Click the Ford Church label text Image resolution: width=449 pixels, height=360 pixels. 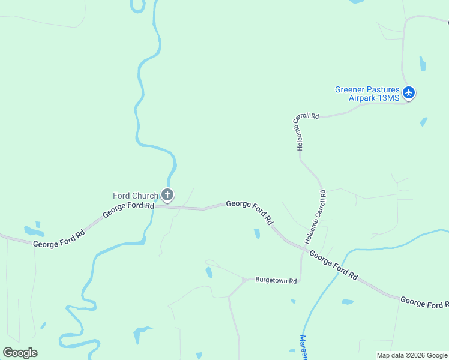[x=136, y=196]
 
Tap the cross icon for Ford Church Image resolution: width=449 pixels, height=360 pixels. [x=168, y=194]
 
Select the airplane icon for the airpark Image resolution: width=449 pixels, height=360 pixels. [x=409, y=92]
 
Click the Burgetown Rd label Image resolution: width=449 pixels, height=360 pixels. [x=276, y=280]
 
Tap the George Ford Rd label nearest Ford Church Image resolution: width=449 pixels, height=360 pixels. [x=128, y=209]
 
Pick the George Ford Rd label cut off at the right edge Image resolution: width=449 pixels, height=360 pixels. [x=424, y=304]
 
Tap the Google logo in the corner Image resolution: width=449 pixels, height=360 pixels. [x=20, y=352]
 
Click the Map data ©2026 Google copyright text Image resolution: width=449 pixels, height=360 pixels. [x=412, y=355]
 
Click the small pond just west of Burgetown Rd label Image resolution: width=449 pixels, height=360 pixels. [x=209, y=272]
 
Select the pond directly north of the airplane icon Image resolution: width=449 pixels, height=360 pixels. [x=423, y=64]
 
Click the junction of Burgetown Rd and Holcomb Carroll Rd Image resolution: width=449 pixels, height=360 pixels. [x=300, y=280]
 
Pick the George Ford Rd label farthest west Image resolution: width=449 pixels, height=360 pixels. [x=59, y=239]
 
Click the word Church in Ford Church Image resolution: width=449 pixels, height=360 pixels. [x=147, y=196]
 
